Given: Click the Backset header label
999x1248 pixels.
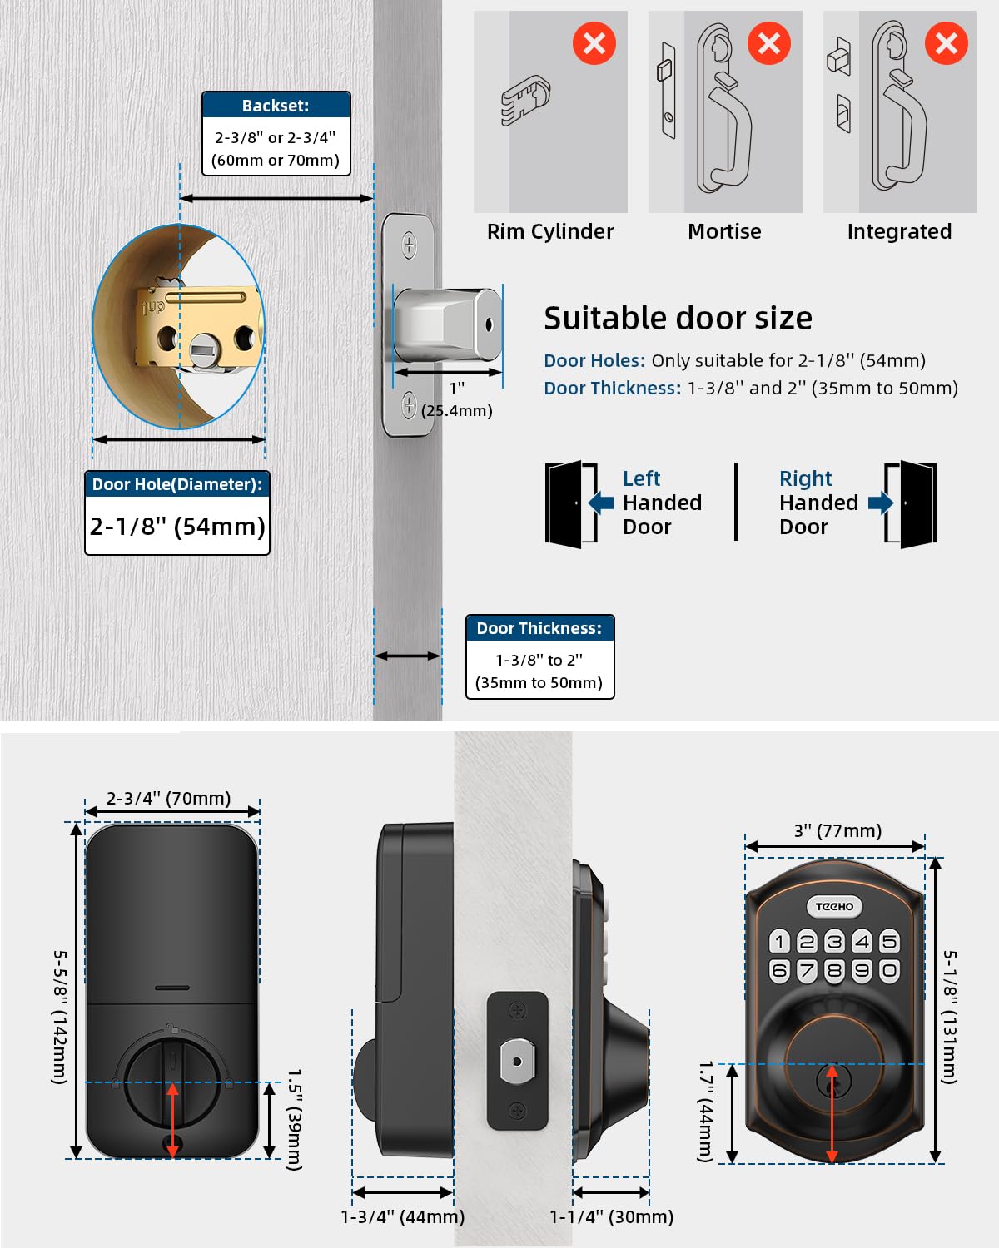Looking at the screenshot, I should [x=276, y=106].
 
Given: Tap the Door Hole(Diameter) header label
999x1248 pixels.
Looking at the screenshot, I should [x=176, y=484].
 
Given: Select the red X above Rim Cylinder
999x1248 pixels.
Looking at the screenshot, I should [x=594, y=43].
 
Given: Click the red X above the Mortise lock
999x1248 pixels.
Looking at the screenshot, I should [x=768, y=43].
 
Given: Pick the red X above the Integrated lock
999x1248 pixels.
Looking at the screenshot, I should [x=946, y=43].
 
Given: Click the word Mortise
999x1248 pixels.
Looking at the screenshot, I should [x=724, y=231].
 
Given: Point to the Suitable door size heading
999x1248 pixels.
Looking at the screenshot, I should [x=678, y=318].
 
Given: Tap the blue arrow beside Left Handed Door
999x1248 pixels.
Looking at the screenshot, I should [x=601, y=503].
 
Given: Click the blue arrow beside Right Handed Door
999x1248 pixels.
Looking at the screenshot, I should [x=880, y=503].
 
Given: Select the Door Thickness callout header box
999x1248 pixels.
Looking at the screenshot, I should [x=539, y=628].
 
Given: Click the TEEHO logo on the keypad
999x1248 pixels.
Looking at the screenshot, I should [x=834, y=906].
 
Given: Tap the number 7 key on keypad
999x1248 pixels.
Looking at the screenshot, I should [x=807, y=970].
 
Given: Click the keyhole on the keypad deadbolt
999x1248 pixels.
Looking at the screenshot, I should [x=832, y=1080].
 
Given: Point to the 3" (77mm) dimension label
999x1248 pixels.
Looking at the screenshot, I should [x=837, y=830].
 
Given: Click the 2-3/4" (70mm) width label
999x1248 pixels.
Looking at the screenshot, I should [x=168, y=798].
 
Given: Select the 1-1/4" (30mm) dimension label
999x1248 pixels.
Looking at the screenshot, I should [x=611, y=1216].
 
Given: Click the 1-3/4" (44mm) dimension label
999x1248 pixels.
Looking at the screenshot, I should [x=402, y=1216].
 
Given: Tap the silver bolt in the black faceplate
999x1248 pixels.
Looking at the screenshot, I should [x=517, y=1062].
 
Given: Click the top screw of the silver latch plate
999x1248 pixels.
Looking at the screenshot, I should [x=409, y=245].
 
